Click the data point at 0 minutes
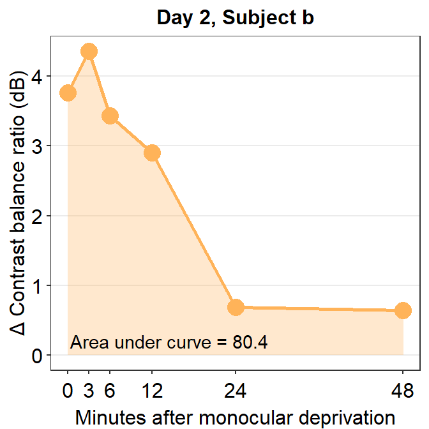68,93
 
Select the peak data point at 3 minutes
89,52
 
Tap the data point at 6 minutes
110,116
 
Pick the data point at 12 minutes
152,153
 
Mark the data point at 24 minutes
236,307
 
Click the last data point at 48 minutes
403,311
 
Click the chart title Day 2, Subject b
235,18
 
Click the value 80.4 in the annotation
250,342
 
